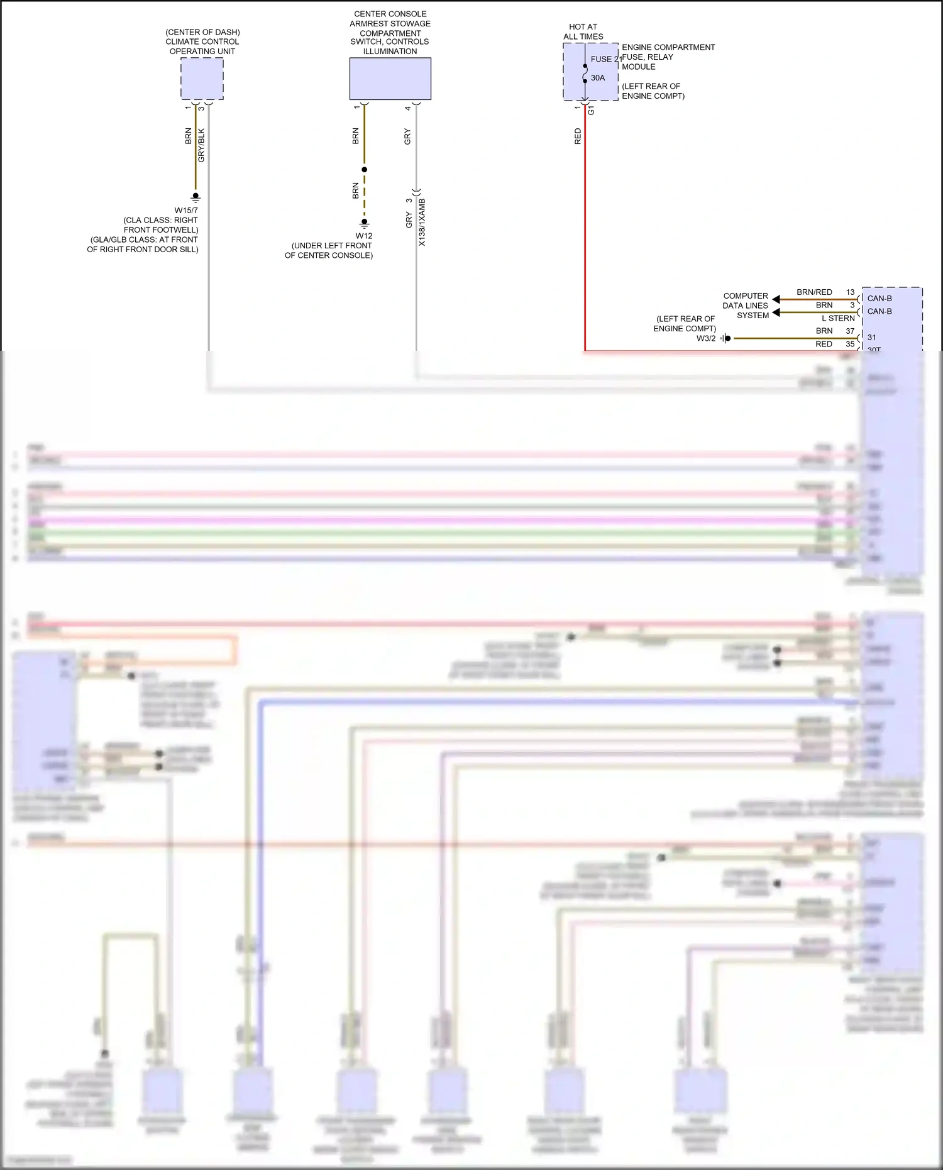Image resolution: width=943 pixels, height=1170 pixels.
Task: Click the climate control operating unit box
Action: point(202,79)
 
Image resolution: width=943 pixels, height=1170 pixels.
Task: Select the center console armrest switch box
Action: point(390,79)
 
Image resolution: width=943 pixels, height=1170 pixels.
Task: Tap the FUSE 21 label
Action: point(605,59)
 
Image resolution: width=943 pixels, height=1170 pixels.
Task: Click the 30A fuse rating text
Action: point(598,78)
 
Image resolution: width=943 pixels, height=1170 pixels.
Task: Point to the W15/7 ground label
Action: point(186,211)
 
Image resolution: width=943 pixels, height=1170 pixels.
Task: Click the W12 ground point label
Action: point(364,236)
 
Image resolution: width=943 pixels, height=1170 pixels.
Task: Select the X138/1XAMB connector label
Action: point(422,223)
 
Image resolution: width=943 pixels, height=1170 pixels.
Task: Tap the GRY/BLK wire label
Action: point(202,145)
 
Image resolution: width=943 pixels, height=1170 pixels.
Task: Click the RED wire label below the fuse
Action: point(578,136)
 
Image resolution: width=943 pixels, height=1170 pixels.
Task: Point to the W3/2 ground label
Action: point(706,338)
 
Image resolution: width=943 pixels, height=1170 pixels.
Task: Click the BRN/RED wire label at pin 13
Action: point(814,292)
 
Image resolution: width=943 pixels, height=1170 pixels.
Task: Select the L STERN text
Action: point(838,318)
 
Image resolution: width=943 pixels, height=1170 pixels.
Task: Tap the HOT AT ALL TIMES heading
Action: point(583,31)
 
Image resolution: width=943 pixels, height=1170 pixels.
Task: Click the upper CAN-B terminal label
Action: point(880,299)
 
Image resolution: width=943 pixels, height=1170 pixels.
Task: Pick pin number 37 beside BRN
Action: point(850,331)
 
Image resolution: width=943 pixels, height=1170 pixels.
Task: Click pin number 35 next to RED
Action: point(850,344)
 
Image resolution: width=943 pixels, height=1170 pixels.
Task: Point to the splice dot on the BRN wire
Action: point(364,170)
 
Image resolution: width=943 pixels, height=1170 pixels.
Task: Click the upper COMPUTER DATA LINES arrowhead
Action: point(776,299)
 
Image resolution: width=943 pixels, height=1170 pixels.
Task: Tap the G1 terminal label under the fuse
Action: point(591,110)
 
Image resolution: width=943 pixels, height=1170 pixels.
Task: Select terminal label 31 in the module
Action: point(871,338)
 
